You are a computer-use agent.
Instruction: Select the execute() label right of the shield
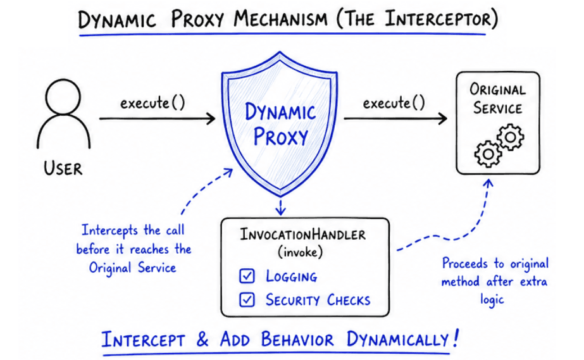pyautogui.click(x=393, y=102)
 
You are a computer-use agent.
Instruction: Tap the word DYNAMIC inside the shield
pyautogui.click(x=280, y=114)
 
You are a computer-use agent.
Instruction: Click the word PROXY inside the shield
pyautogui.click(x=280, y=137)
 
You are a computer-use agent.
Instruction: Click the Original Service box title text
pyautogui.click(x=497, y=99)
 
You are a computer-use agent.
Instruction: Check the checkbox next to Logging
pyautogui.click(x=247, y=276)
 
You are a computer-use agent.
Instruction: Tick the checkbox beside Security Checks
pyautogui.click(x=247, y=299)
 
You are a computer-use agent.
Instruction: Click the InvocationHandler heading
pyautogui.click(x=302, y=235)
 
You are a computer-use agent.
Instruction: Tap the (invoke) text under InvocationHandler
pyautogui.click(x=302, y=252)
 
